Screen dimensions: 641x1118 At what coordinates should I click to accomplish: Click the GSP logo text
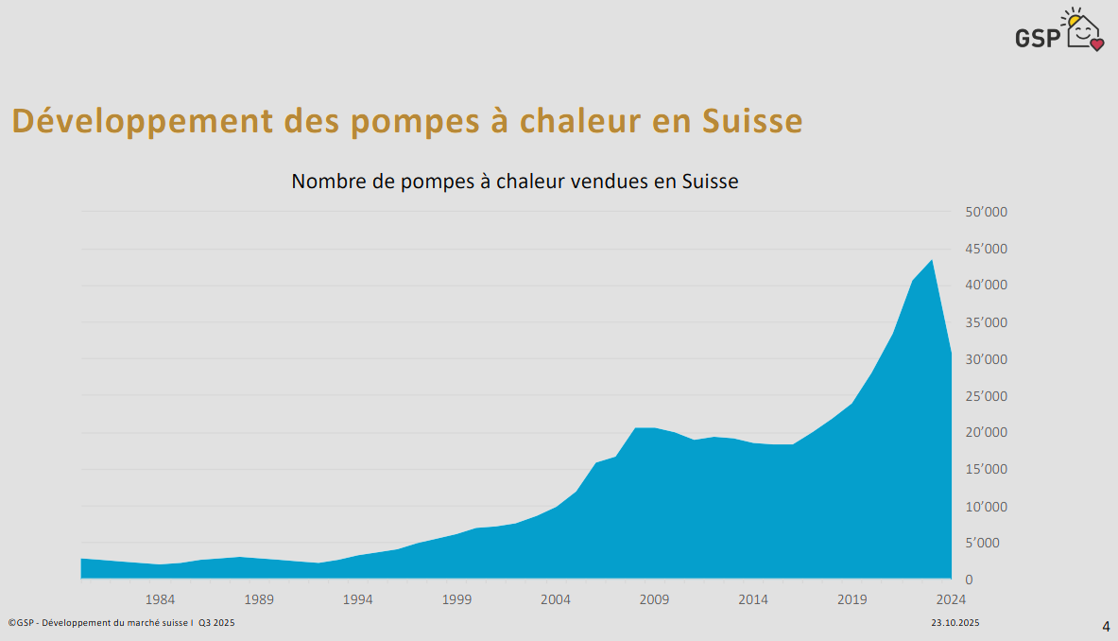(1038, 37)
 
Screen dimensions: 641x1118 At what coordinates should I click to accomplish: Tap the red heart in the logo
(1096, 43)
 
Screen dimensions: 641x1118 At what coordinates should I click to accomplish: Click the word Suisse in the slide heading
(752, 122)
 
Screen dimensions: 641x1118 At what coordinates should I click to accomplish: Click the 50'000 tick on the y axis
(986, 213)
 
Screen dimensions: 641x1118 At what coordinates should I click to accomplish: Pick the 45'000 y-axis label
(986, 250)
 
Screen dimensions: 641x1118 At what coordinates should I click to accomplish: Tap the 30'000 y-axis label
(986, 359)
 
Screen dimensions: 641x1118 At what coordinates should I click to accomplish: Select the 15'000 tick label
(986, 469)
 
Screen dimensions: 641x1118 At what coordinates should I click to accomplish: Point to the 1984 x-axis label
(160, 599)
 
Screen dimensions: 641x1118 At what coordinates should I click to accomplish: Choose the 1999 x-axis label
(456, 599)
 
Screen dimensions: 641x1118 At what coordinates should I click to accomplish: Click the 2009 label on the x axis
(654, 599)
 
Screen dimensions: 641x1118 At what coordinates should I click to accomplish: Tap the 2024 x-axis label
(951, 599)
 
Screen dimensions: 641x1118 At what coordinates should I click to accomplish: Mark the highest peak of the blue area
(932, 260)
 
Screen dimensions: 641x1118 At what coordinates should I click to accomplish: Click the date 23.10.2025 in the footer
(955, 623)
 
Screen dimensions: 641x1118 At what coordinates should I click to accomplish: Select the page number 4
(1106, 626)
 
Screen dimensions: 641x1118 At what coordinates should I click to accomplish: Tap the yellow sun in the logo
(1074, 19)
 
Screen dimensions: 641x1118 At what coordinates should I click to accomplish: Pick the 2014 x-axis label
(753, 599)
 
